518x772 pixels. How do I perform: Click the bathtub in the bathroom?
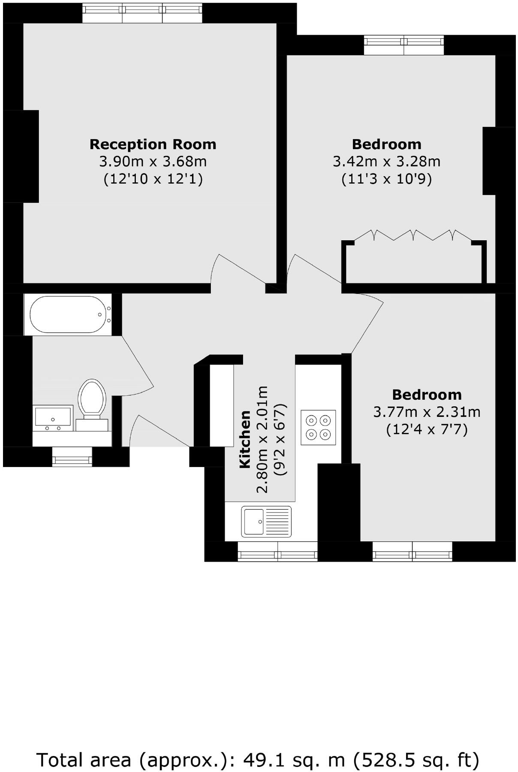pyautogui.click(x=68, y=314)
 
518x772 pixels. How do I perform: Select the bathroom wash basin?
pyautogui.click(x=53, y=417)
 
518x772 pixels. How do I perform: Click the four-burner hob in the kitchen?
pyautogui.click(x=318, y=427)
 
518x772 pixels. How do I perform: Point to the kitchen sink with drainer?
pyautogui.click(x=266, y=521)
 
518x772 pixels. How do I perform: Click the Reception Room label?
pyautogui.click(x=153, y=144)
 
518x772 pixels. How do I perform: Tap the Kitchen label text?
pyautogui.click(x=245, y=439)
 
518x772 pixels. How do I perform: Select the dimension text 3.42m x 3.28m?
pyautogui.click(x=386, y=162)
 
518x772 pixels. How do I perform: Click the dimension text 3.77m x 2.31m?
pyautogui.click(x=427, y=412)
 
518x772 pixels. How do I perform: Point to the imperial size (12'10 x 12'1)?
pyautogui.click(x=153, y=179)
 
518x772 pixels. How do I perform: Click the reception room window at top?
pyautogui.click(x=142, y=13)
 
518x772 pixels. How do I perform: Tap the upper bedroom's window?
pyautogui.click(x=404, y=45)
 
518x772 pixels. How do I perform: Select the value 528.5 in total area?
pyautogui.click(x=384, y=760)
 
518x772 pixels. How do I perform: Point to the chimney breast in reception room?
pyautogui.click(x=21, y=156)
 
